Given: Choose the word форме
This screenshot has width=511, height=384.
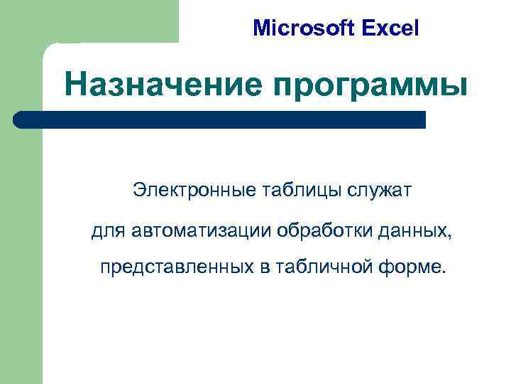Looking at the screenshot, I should coord(410,268).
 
